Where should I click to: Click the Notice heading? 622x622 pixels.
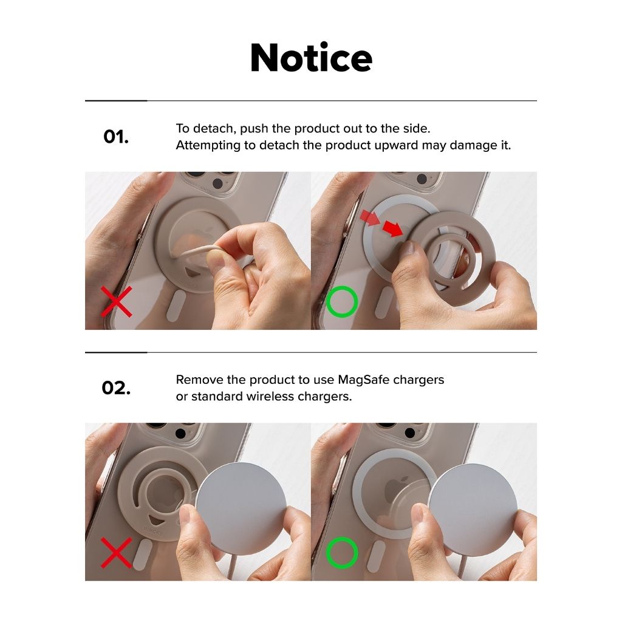[x=312, y=58]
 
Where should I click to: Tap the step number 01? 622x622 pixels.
[x=116, y=137]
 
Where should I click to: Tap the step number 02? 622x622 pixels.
[x=116, y=388]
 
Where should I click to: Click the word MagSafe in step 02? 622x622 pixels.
[x=363, y=380]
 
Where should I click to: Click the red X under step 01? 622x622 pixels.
[x=116, y=302]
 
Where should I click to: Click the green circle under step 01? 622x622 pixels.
[x=342, y=301]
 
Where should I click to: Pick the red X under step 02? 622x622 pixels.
[x=116, y=553]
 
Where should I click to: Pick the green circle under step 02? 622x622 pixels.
[x=342, y=553]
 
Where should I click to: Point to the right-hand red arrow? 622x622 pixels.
[x=393, y=228]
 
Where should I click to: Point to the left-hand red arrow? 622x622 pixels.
[x=370, y=218]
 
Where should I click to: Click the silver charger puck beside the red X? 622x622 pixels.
[x=241, y=507]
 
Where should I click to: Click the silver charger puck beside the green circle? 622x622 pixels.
[x=473, y=508]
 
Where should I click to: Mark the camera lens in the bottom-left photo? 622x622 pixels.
[x=180, y=432]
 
